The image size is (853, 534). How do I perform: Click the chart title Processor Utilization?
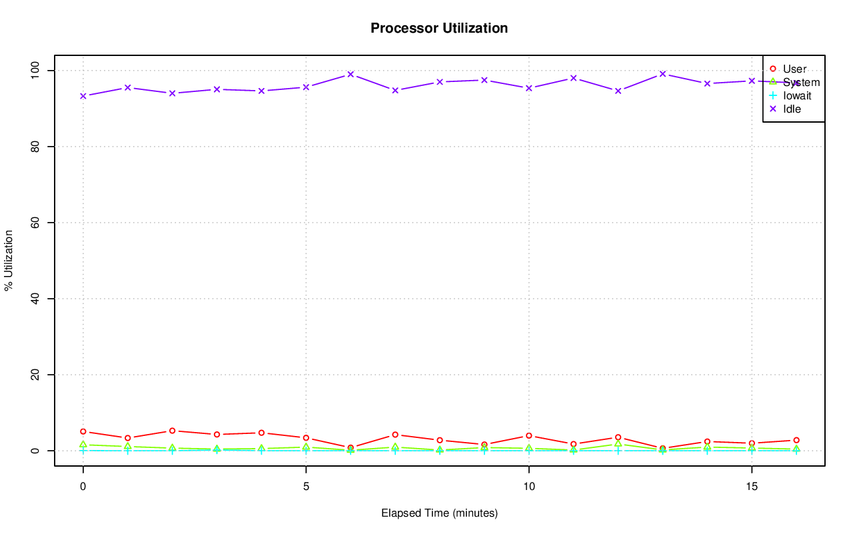point(439,28)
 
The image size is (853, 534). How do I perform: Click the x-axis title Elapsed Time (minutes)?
point(439,513)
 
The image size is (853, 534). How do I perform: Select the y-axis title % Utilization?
point(9,260)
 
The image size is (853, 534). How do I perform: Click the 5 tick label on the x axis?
point(306,486)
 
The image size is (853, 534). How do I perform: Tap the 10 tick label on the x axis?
point(528,486)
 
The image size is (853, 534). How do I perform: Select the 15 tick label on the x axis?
point(752,486)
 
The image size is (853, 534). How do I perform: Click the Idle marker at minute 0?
point(83,96)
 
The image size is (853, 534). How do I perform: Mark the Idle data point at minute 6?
point(351,74)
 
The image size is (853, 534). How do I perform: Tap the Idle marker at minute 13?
point(662,74)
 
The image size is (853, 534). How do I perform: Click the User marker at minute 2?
point(172,431)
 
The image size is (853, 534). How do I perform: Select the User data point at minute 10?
point(528,436)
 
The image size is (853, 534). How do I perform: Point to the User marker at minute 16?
point(796,440)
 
